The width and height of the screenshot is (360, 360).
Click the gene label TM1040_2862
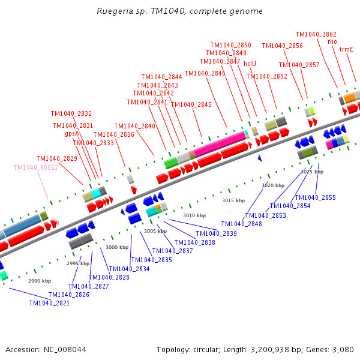(x=316, y=34)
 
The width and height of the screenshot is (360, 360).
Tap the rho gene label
(x=332, y=41)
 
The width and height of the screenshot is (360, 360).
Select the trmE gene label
(x=346, y=49)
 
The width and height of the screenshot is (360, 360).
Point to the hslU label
(x=250, y=64)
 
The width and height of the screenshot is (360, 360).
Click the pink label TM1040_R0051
(x=35, y=167)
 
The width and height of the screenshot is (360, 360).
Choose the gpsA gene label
(x=72, y=134)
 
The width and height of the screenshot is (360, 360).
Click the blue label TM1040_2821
(x=49, y=303)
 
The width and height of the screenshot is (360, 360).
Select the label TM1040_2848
(x=242, y=224)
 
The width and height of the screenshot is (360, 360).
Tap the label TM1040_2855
(x=315, y=197)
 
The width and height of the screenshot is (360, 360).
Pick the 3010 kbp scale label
(x=194, y=215)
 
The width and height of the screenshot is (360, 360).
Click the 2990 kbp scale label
(x=40, y=281)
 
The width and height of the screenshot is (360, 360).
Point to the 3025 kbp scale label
(x=312, y=172)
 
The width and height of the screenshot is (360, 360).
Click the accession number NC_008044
(x=65, y=350)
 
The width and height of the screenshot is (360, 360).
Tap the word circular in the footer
(x=205, y=350)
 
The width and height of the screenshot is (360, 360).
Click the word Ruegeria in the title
(x=115, y=11)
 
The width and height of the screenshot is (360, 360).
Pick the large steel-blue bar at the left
(x=22, y=226)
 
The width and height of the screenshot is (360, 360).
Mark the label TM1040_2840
(x=135, y=126)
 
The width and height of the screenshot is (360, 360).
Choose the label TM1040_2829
(x=57, y=158)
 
